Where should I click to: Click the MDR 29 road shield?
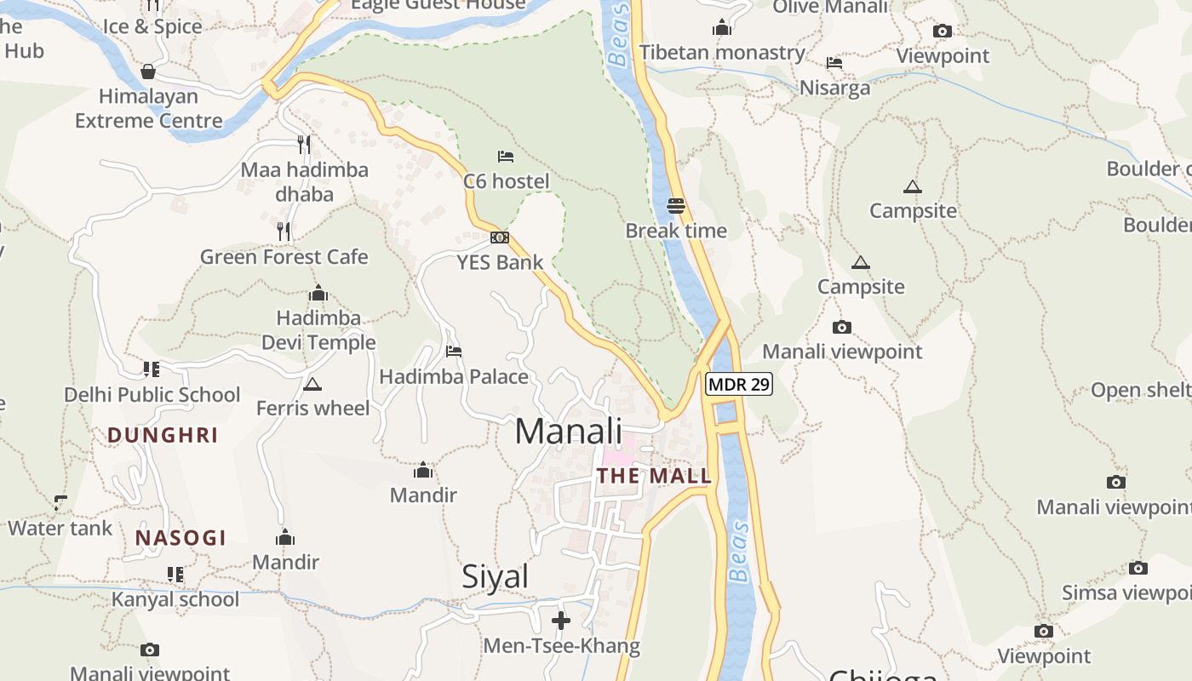pyautogui.click(x=739, y=384)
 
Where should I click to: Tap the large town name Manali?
pyautogui.click(x=569, y=431)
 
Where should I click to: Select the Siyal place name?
pyautogui.click(x=495, y=576)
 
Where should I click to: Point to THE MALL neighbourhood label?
pyautogui.click(x=654, y=476)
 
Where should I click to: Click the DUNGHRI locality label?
pyautogui.click(x=163, y=435)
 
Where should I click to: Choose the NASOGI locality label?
pyautogui.click(x=181, y=538)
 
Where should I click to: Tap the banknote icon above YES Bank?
pyautogui.click(x=500, y=237)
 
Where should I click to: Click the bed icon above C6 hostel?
pyautogui.click(x=506, y=157)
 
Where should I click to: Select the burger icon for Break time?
pyautogui.click(x=676, y=205)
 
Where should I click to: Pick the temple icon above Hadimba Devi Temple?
pyautogui.click(x=318, y=294)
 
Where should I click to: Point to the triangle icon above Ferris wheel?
pyautogui.click(x=312, y=384)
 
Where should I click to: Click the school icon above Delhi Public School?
pyautogui.click(x=152, y=369)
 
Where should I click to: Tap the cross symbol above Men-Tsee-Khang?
pyautogui.click(x=561, y=620)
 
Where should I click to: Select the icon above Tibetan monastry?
pyautogui.click(x=722, y=27)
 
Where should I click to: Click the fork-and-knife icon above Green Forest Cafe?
pyautogui.click(x=284, y=231)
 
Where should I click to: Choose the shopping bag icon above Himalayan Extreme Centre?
pyautogui.click(x=148, y=71)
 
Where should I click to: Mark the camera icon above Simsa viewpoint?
pyautogui.click(x=1138, y=568)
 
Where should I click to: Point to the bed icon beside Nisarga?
pyautogui.click(x=834, y=63)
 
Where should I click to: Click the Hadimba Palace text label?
pyautogui.click(x=454, y=376)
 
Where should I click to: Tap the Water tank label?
pyautogui.click(x=60, y=529)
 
